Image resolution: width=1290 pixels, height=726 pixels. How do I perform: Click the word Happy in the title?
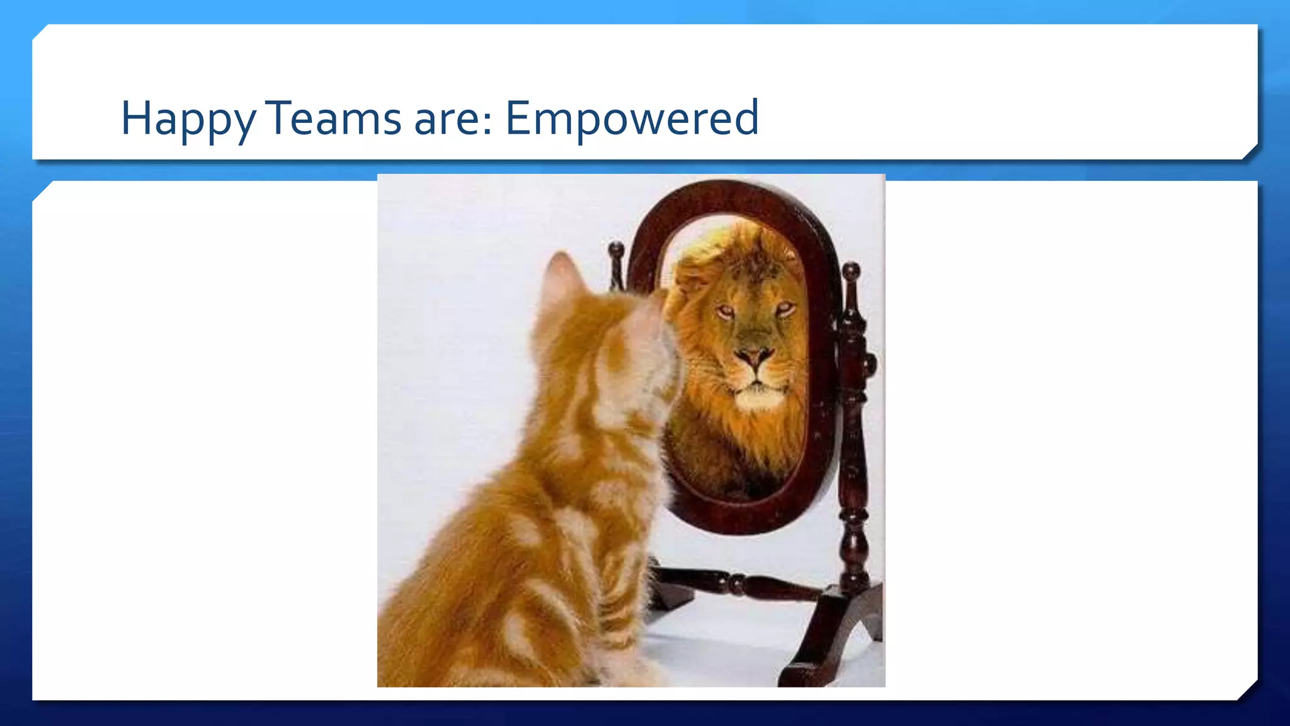click(x=188, y=118)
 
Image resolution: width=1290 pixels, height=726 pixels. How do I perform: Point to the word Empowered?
click(x=632, y=118)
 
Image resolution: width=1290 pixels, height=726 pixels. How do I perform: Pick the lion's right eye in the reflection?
click(x=784, y=308)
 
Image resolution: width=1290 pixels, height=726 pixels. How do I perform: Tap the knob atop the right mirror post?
click(x=851, y=272)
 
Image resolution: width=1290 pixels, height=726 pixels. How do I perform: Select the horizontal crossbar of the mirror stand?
click(x=737, y=583)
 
